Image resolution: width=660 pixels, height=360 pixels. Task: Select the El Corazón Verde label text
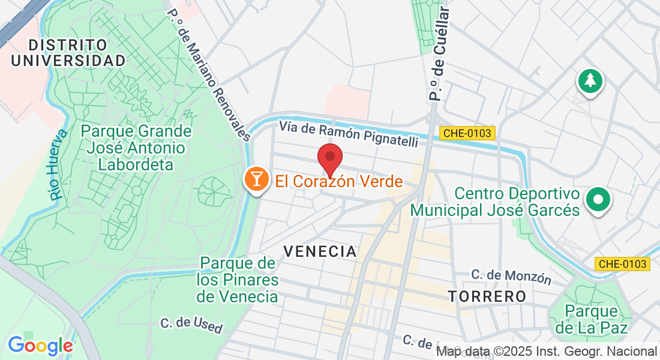pyautogui.click(x=339, y=181)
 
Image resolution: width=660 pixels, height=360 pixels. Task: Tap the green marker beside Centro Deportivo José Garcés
pyautogui.click(x=598, y=200)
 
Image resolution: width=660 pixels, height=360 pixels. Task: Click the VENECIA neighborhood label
pyautogui.click(x=320, y=251)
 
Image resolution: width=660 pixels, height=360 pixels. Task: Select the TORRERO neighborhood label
pyautogui.click(x=487, y=296)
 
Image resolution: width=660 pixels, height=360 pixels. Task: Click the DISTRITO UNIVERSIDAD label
pyautogui.click(x=68, y=53)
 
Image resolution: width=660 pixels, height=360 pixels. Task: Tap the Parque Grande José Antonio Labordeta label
pyautogui.click(x=136, y=148)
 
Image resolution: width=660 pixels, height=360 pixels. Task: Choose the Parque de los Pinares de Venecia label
pyautogui.click(x=239, y=280)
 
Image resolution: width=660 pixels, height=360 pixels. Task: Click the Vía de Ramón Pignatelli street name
pyautogui.click(x=348, y=134)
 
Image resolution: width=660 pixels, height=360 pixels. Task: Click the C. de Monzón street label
pyautogui.click(x=511, y=277)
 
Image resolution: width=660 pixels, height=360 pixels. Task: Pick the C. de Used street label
pyautogui.click(x=191, y=326)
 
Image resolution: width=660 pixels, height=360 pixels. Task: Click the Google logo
pyautogui.click(x=40, y=346)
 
